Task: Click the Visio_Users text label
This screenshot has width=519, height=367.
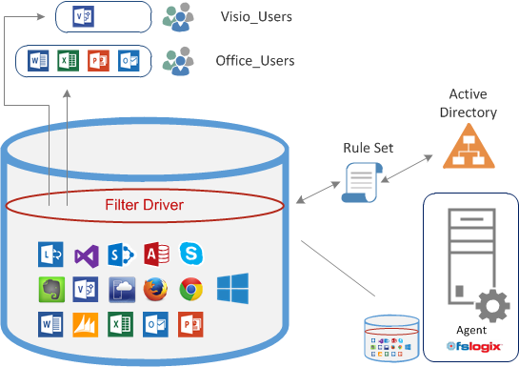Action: [x=254, y=17]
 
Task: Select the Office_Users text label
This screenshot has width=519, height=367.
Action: [x=255, y=61]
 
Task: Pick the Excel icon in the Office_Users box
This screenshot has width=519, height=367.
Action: [x=68, y=61]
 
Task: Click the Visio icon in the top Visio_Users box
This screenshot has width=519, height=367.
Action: [x=85, y=16]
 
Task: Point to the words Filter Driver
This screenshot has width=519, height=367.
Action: [x=146, y=204]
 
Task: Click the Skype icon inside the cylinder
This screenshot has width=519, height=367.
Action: [x=191, y=254]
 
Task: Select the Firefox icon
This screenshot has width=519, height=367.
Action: [x=156, y=288]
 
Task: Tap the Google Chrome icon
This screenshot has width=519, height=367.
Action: [x=191, y=288]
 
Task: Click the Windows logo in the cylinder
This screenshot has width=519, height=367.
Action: [x=231, y=288]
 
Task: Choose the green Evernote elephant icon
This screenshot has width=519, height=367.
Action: [x=50, y=288]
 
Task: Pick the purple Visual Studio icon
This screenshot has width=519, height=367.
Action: [x=86, y=254]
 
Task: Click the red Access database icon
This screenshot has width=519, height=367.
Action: [x=156, y=254]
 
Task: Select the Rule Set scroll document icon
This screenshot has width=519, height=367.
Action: [x=360, y=180]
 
